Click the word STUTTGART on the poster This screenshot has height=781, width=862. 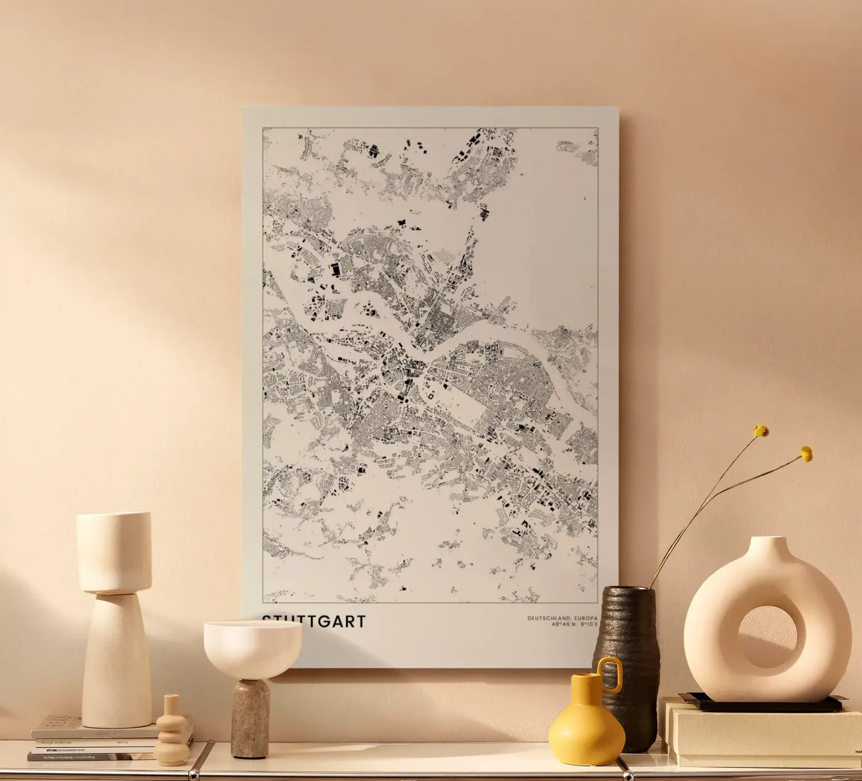click(x=313, y=621)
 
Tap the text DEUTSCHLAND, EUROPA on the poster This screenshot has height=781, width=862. click(x=562, y=618)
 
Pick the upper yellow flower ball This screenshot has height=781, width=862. click(x=762, y=431)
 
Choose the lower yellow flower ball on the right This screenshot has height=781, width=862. click(x=806, y=454)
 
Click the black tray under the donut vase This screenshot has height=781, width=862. click(x=760, y=703)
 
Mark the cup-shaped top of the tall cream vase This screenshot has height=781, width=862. click(x=114, y=551)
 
